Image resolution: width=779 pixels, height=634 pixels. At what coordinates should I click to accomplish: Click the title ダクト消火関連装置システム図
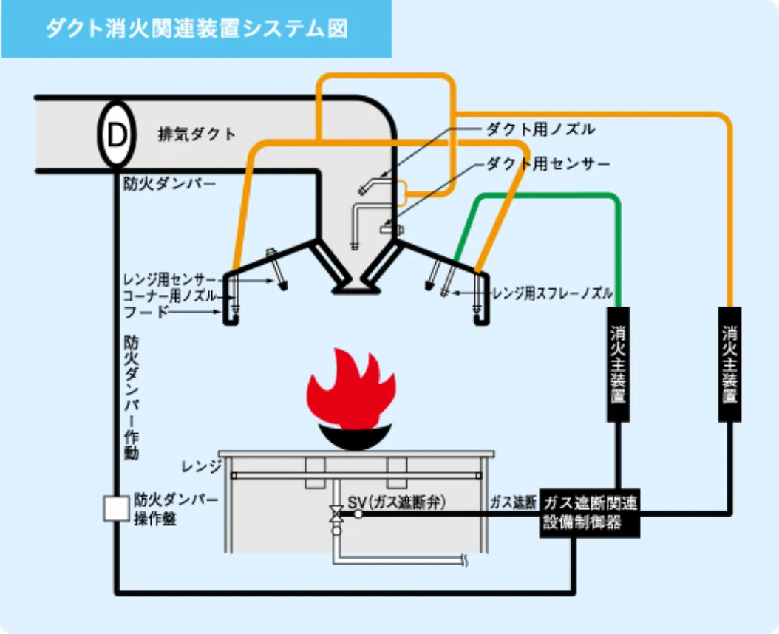click(196, 29)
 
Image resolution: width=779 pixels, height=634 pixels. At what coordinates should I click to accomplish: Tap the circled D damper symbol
click(116, 134)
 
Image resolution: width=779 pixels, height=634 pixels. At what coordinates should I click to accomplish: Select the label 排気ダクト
click(197, 134)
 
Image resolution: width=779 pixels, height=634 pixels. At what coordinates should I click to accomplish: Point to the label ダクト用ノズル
click(540, 129)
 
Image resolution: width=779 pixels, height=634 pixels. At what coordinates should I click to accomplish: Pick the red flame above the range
click(351, 388)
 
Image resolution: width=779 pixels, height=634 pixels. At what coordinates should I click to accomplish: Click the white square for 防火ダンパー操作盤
click(116, 509)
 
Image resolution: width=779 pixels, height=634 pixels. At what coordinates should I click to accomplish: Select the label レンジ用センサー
click(171, 280)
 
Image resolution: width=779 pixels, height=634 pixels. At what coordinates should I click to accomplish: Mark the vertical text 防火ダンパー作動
click(131, 398)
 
